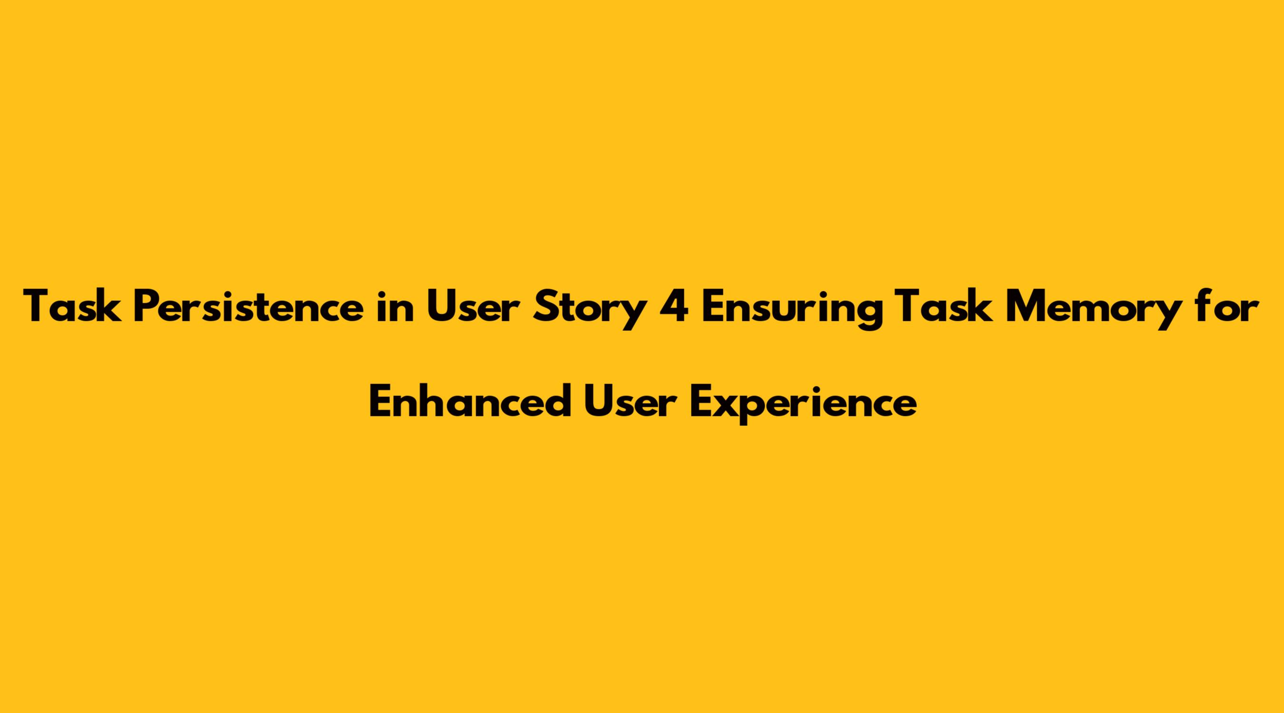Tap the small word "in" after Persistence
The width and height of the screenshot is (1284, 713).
tap(395, 306)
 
